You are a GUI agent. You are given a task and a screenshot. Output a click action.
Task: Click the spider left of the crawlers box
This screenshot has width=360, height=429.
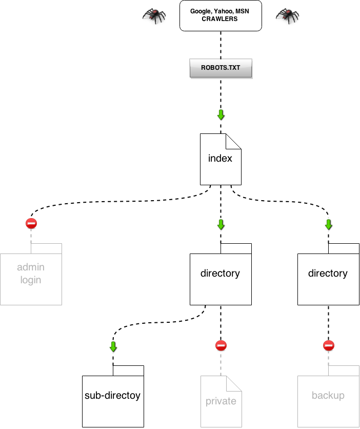tap(154, 15)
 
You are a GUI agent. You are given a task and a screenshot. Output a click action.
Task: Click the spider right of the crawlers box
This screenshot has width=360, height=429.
tap(287, 15)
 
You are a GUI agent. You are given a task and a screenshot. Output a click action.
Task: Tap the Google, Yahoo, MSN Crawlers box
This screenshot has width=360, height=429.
tap(221, 15)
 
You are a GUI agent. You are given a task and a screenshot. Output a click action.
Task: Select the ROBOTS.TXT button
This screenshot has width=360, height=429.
tap(221, 68)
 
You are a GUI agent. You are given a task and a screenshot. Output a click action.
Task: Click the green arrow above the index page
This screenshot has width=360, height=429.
tap(221, 114)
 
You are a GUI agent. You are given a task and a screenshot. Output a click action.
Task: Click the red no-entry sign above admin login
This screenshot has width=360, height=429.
tap(31, 223)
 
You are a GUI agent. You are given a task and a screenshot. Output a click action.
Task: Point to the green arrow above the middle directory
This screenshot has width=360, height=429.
tap(221, 224)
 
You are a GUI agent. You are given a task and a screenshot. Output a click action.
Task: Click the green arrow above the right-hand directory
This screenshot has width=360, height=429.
tap(328, 224)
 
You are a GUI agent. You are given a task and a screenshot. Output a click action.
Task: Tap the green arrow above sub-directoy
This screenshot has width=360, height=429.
tap(113, 346)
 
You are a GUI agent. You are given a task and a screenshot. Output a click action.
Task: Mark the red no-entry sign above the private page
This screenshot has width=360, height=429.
tap(221, 345)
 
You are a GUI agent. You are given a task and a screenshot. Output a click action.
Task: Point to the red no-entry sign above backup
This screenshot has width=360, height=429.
tap(329, 345)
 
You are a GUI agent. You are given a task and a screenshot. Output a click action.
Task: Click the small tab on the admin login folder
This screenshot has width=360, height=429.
tap(46, 248)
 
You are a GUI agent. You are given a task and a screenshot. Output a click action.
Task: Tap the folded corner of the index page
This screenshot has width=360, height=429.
tap(234, 141)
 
